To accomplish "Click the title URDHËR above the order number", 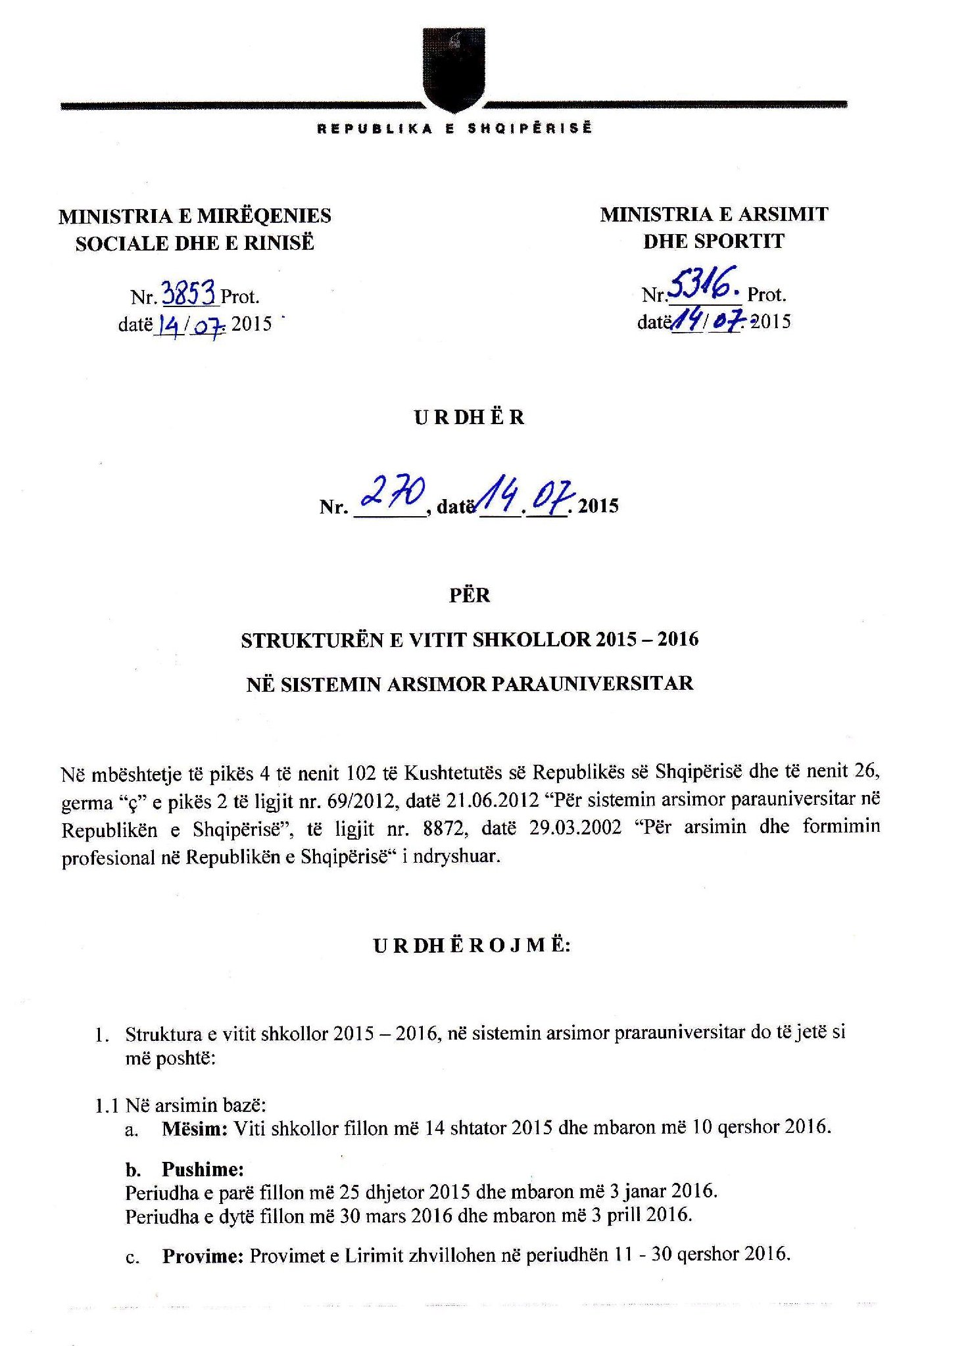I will pos(470,418).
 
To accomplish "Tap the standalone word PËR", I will pos(469,595).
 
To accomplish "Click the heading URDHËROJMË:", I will pos(472,946).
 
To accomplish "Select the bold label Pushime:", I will pos(203,1169).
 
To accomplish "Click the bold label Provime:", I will pos(204,1256).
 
